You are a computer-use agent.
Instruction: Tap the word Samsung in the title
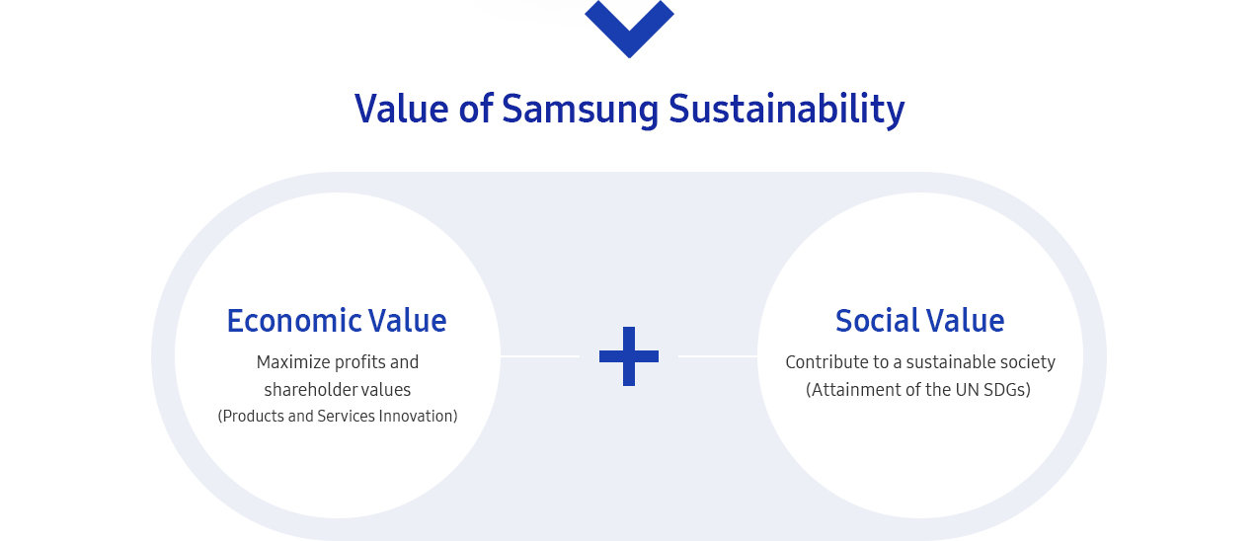pos(581,111)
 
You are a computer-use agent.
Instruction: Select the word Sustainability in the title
pos(787,110)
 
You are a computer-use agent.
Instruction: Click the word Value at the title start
pos(402,109)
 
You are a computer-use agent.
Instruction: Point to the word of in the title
pos(476,108)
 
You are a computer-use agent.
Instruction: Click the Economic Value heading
pos(337,321)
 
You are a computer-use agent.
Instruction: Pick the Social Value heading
pos(920,321)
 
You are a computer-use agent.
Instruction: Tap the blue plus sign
pos(629,356)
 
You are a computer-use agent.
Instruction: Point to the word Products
pos(251,416)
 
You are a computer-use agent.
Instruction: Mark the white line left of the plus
pos(540,356)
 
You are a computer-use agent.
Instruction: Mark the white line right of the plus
pos(718,356)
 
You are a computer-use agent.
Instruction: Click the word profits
pos(357,363)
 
